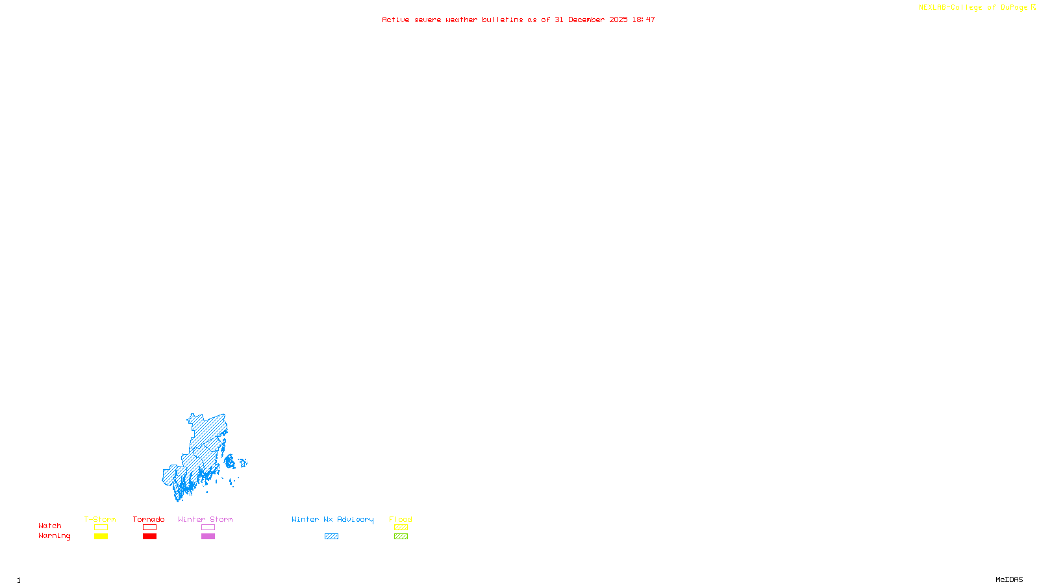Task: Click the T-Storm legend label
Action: pos(100,519)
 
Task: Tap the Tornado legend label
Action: pos(149,519)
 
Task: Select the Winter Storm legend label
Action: pos(205,519)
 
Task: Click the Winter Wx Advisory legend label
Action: pos(332,519)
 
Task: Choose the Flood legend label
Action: pos(401,519)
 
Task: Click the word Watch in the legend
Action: pos(50,526)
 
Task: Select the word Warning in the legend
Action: pos(54,536)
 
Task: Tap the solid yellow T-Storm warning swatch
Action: pos(101,537)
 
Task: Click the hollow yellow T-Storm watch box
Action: pos(101,528)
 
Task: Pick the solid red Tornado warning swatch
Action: pos(150,537)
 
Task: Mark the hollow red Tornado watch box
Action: pos(150,528)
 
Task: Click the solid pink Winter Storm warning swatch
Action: pos(208,537)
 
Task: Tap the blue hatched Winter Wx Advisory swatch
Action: pos(331,537)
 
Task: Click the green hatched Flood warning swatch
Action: pos(401,537)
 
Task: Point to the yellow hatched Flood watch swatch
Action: pos(401,528)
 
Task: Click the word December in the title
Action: pos(586,19)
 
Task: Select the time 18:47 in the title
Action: pos(644,19)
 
